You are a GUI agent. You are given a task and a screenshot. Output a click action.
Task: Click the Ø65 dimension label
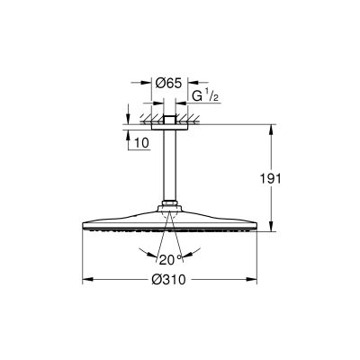[x=168, y=83]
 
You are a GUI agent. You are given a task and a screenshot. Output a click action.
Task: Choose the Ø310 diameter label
[x=171, y=280]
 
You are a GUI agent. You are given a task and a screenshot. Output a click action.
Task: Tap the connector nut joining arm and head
[x=171, y=204]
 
